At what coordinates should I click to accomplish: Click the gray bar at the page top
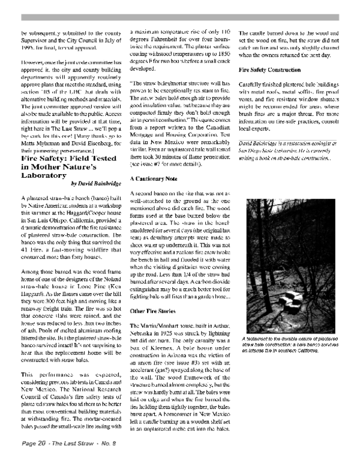(180, 17)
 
